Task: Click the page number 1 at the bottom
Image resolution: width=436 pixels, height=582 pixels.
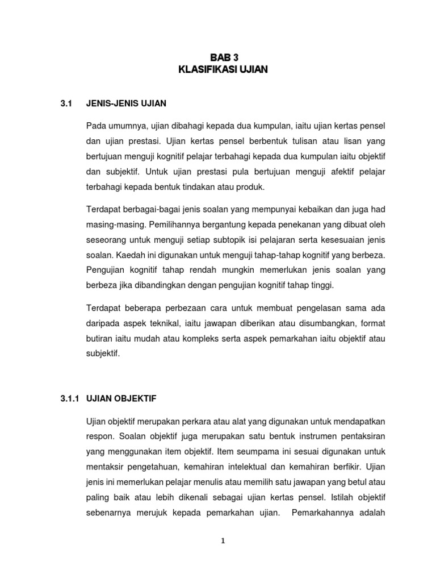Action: [223, 541]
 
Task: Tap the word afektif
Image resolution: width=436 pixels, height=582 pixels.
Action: [339, 172]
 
